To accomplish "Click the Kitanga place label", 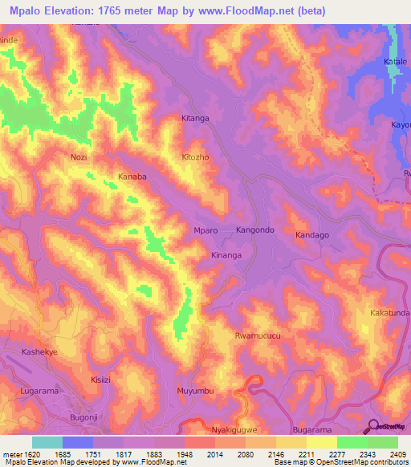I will pyautogui.click(x=195, y=119).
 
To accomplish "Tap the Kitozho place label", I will pyautogui.click(x=195, y=157).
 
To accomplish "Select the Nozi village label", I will pyautogui.click(x=79, y=157).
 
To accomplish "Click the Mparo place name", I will pyautogui.click(x=206, y=230).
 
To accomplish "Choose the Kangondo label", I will pyautogui.click(x=255, y=230).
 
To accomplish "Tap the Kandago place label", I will pyautogui.click(x=312, y=235).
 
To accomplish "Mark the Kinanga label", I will pyautogui.click(x=226, y=255).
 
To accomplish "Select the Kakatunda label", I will pyautogui.click(x=389, y=311).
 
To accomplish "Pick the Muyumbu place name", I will pyautogui.click(x=195, y=391).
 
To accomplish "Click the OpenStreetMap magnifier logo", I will pyautogui.click(x=372, y=426).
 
